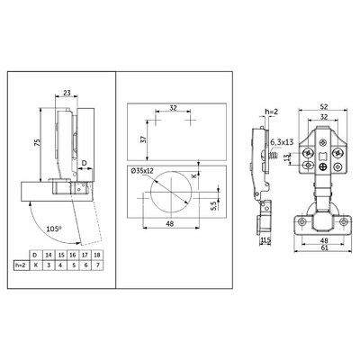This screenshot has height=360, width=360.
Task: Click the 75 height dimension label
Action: (x=37, y=142)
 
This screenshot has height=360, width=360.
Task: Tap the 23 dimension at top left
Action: (x=67, y=93)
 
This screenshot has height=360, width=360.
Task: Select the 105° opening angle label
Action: (x=54, y=229)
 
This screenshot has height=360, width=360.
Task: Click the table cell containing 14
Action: (x=49, y=256)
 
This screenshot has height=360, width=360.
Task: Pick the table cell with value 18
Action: (x=97, y=256)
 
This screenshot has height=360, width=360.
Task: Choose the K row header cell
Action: (x=36, y=265)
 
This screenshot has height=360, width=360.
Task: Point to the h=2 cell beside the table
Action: (x=22, y=265)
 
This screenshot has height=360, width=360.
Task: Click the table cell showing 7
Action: (x=97, y=265)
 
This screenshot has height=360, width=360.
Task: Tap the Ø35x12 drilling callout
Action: (x=142, y=171)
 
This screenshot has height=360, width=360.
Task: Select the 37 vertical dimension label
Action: (x=144, y=139)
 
